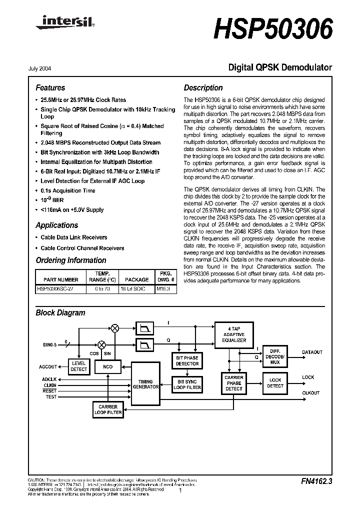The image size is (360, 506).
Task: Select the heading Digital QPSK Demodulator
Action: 280,67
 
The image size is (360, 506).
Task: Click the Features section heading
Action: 50,87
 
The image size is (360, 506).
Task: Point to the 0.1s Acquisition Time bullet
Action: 67,190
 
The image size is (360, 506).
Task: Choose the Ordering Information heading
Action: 70,260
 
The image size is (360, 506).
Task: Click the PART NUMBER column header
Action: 60,280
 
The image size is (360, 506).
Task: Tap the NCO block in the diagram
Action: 107,366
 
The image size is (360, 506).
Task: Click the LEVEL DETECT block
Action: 78,366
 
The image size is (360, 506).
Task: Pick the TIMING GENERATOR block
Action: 145,383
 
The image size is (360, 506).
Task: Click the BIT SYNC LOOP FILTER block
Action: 187,384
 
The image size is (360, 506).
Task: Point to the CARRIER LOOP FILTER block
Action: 107,410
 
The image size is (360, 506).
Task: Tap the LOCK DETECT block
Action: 275,383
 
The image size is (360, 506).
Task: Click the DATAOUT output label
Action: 312,352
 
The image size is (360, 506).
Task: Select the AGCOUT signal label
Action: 48,366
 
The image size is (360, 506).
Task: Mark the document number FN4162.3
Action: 316,481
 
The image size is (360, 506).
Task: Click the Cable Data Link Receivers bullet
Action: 73,237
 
